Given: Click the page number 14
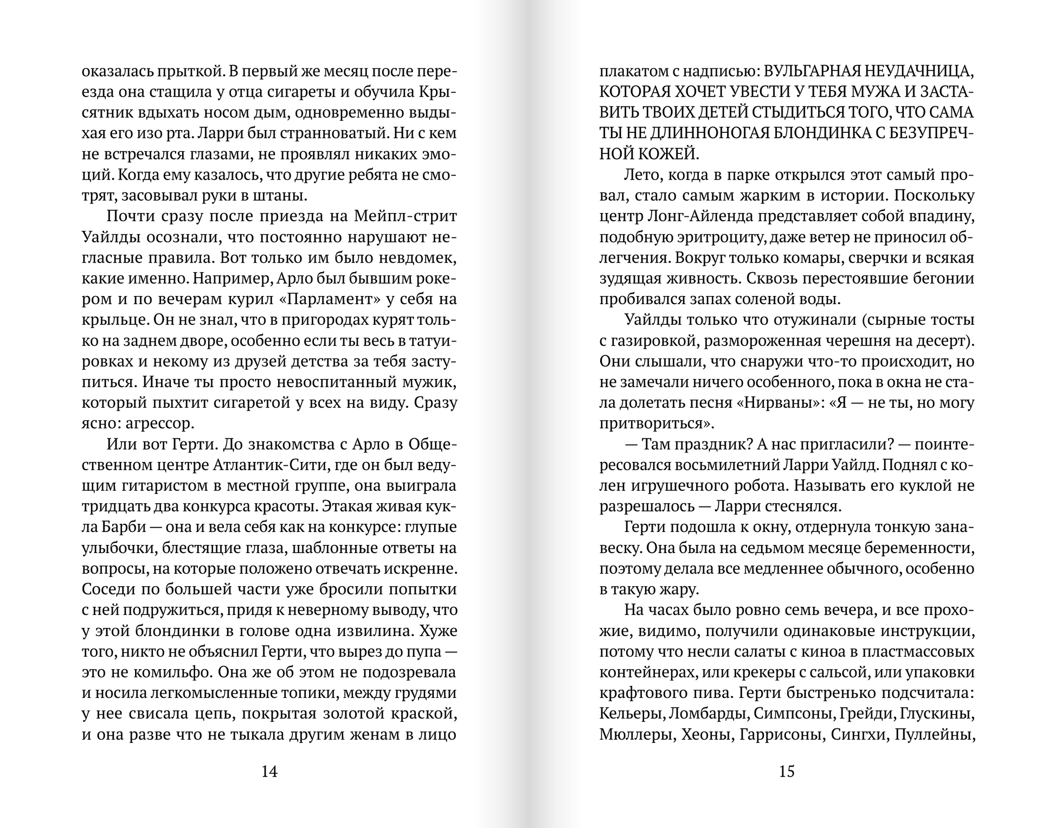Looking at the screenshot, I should [269, 771].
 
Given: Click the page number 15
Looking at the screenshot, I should [787, 771].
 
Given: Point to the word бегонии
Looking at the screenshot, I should [943, 279].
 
